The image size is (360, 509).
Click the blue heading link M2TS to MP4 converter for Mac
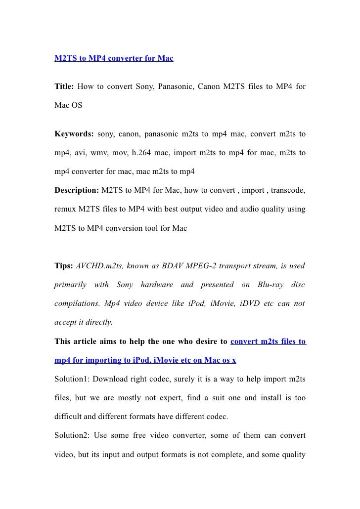point(114,59)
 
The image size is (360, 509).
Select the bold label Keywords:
point(74,134)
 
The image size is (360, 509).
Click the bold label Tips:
point(64,266)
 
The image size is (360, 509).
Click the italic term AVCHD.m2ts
point(96,266)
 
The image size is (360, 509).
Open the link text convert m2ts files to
point(269,341)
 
